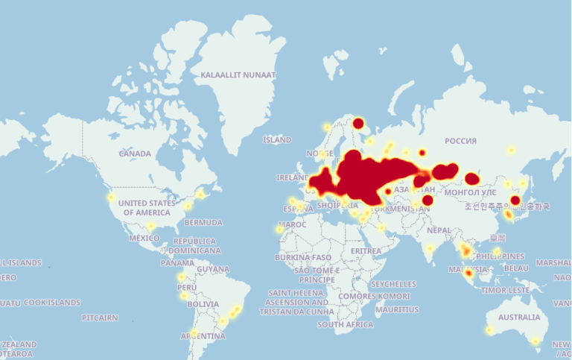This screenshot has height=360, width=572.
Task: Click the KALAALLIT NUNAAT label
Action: (238, 75)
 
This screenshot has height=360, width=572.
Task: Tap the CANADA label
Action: (135, 154)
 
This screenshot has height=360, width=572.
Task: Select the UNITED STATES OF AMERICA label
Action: (147, 208)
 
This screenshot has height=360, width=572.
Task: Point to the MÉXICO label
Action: (144, 239)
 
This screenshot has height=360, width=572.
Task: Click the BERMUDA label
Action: (203, 223)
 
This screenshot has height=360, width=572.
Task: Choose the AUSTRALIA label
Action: (519, 318)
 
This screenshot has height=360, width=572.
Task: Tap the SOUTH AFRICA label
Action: (345, 325)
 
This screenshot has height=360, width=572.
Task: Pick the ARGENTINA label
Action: (203, 337)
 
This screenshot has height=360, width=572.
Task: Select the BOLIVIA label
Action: (203, 305)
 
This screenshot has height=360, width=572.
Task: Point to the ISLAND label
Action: (277, 140)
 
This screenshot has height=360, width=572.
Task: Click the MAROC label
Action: (292, 224)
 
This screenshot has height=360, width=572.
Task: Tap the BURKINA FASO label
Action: (302, 257)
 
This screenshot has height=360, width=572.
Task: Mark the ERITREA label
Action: (366, 252)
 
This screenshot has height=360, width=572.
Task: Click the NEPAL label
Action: (439, 230)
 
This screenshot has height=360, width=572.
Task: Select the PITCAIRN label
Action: (100, 318)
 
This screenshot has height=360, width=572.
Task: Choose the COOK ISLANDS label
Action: (52, 303)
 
